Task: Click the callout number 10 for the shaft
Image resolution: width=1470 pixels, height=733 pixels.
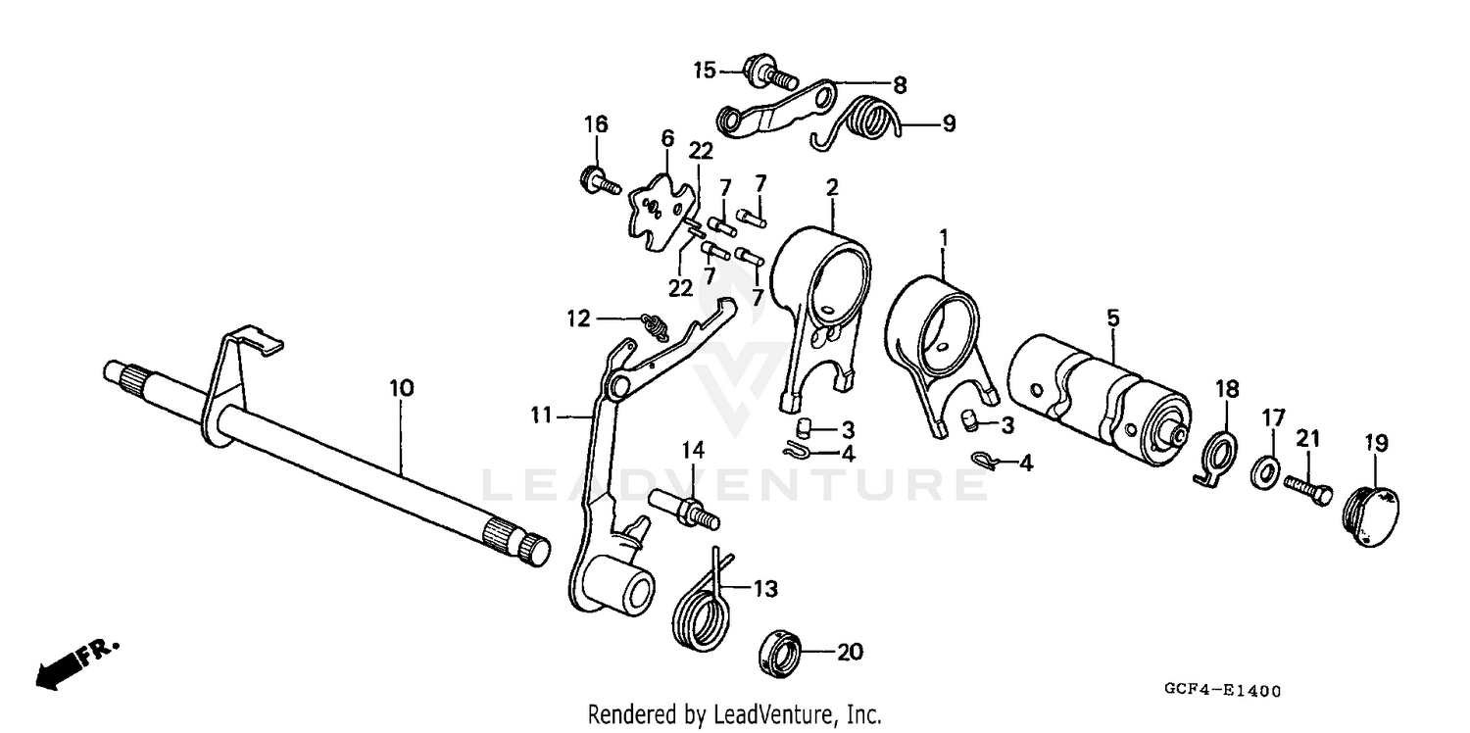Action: point(401,388)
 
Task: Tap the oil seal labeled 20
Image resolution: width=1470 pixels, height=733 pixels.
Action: point(781,653)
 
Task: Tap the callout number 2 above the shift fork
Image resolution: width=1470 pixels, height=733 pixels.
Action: point(832,187)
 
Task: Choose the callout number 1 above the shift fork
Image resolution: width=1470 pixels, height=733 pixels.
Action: point(943,237)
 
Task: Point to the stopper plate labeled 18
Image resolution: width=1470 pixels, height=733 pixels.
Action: point(1217,452)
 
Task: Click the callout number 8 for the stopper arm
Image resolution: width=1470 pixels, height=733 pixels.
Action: point(899,85)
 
